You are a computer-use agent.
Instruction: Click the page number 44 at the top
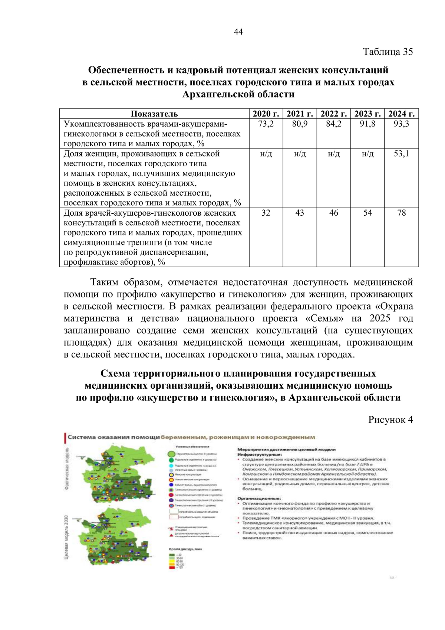(238, 32)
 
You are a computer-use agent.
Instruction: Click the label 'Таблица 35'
(388, 52)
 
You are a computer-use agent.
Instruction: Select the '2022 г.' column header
(333, 114)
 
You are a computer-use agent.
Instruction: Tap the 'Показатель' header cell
(154, 114)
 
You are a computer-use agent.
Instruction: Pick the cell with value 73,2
(266, 124)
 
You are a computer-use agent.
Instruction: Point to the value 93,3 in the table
(401, 124)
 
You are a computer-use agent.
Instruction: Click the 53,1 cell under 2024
(401, 154)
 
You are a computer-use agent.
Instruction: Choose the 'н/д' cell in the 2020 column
(266, 154)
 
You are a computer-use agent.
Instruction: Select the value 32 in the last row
(266, 213)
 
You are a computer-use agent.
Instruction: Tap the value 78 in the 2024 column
(401, 213)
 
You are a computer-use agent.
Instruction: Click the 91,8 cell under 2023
(367, 124)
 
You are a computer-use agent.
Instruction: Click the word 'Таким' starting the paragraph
(104, 283)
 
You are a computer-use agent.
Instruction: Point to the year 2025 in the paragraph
(380, 319)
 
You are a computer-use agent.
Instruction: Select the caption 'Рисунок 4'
(390, 420)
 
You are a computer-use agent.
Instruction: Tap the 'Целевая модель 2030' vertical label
(66, 537)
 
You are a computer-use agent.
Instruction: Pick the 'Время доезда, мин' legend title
(185, 549)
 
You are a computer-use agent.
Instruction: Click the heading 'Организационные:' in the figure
(259, 499)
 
